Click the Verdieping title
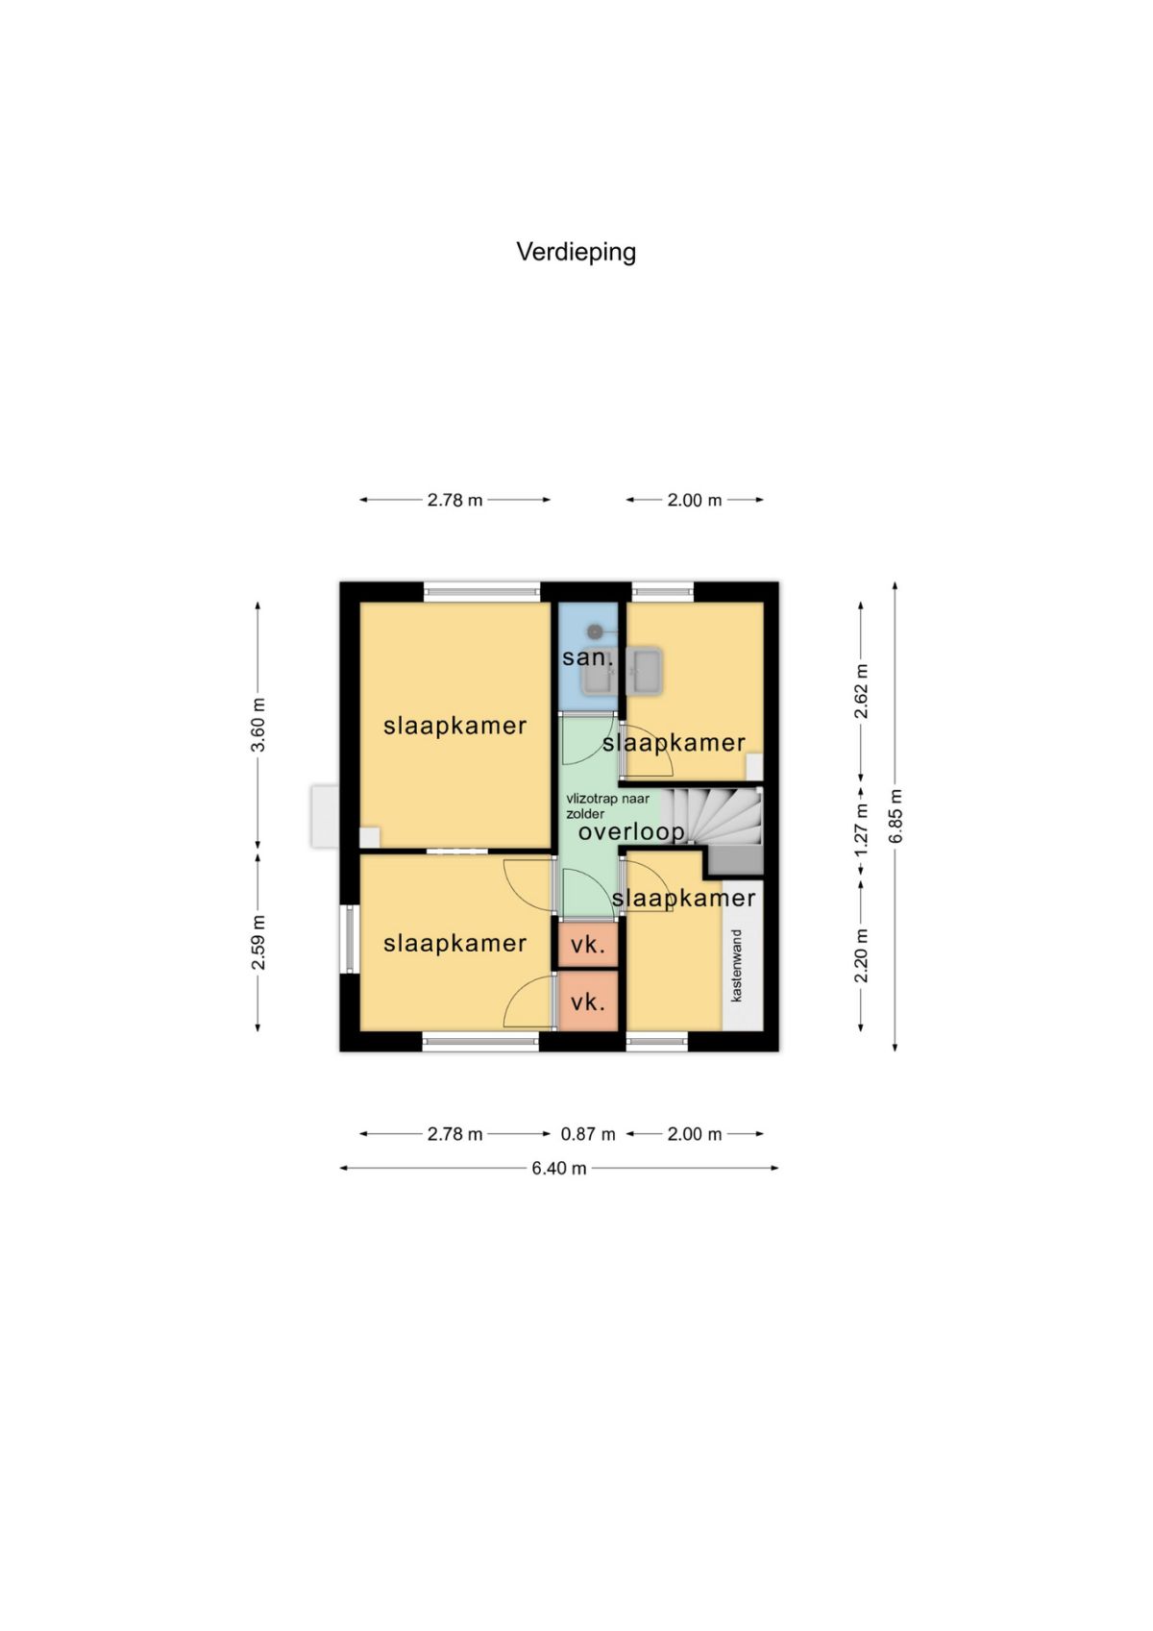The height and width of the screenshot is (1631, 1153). pyautogui.click(x=576, y=253)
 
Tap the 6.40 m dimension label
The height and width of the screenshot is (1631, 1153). pyautogui.click(x=558, y=1168)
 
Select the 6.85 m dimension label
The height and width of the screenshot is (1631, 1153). pyautogui.click(x=895, y=816)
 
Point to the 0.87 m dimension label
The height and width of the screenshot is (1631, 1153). pyautogui.click(x=587, y=1134)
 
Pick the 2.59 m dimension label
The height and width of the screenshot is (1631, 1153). pyautogui.click(x=258, y=943)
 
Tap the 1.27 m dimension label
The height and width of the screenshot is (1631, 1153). pyautogui.click(x=861, y=830)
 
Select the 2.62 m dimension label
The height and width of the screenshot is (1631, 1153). pyautogui.click(x=861, y=691)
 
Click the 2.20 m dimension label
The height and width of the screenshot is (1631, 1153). pyautogui.click(x=861, y=955)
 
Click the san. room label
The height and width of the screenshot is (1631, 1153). pyautogui.click(x=587, y=657)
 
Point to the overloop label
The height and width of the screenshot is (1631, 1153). pyautogui.click(x=631, y=831)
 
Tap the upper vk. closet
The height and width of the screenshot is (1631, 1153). pyautogui.click(x=587, y=945)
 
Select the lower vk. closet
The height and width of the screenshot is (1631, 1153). pyautogui.click(x=587, y=1001)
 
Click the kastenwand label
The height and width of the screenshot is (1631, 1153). pyautogui.click(x=737, y=966)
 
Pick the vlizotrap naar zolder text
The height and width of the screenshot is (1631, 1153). pyautogui.click(x=608, y=806)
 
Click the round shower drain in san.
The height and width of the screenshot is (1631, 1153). pyautogui.click(x=596, y=630)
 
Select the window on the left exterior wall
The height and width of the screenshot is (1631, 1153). pyautogui.click(x=349, y=938)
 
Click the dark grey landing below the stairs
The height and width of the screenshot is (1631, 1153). pyautogui.click(x=735, y=860)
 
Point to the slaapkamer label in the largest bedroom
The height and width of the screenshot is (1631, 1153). pyautogui.click(x=454, y=726)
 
